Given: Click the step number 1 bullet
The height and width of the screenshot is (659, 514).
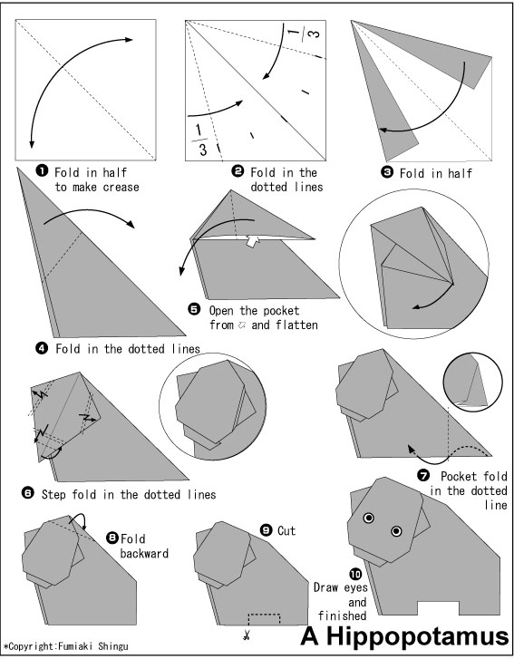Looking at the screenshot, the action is pos(42,171).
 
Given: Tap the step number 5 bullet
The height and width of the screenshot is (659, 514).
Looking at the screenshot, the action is pos(194,310).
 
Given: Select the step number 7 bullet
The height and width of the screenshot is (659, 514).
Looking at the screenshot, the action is pos(422,475).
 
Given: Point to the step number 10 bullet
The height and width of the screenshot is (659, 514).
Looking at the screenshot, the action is pos(355,574).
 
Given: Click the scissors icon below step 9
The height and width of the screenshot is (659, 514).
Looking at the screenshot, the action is pos(247,635).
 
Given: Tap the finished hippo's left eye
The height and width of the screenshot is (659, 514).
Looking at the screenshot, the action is pos(369,518).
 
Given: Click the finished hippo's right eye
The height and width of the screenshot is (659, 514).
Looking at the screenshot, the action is pos(396,531).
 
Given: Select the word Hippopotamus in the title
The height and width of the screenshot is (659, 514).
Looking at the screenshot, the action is pos(418,636).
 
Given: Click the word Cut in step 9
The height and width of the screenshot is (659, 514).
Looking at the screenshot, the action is pos(286,531).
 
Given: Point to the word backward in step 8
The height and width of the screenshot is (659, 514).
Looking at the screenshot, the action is pos(144,553).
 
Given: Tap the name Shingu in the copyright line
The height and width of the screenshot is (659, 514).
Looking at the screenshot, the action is pos(113,646).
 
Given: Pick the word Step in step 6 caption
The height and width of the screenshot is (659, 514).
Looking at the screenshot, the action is pos(53,494).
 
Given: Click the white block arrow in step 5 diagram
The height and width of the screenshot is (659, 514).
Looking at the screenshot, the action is pos(251,241).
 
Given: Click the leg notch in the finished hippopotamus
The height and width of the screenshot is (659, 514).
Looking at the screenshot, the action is pos(438,607).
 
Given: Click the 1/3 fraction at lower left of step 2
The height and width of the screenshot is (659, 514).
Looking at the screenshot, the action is pos(199,140).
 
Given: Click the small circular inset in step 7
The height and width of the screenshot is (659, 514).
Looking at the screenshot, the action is pos(472,382).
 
